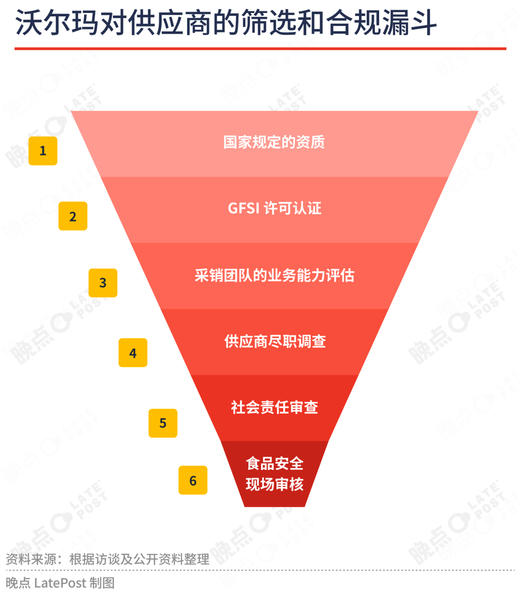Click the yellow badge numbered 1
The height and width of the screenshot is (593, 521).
point(43,151)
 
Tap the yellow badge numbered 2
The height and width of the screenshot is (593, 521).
point(73,216)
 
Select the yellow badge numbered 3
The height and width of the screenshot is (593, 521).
point(103,283)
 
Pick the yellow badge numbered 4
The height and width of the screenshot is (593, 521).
point(133,353)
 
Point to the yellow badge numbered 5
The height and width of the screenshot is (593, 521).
point(163,423)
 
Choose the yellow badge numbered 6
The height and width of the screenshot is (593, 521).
point(193,480)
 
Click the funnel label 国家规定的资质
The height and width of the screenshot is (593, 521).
point(274,142)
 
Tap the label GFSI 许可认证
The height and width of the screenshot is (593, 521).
point(274,208)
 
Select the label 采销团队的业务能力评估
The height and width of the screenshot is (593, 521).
point(274,276)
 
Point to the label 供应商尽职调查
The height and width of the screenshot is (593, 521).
point(275,341)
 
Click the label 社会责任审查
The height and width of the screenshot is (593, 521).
point(274,407)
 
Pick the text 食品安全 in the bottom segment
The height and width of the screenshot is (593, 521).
point(274,464)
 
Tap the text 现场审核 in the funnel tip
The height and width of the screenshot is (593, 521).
point(274,484)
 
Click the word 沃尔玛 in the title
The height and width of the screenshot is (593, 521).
point(56,23)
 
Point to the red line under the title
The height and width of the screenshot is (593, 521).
point(260,49)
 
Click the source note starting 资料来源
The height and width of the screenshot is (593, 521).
point(108,559)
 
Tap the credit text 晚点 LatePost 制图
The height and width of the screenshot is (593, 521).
point(60,583)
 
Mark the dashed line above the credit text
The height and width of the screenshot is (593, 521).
point(260,570)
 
